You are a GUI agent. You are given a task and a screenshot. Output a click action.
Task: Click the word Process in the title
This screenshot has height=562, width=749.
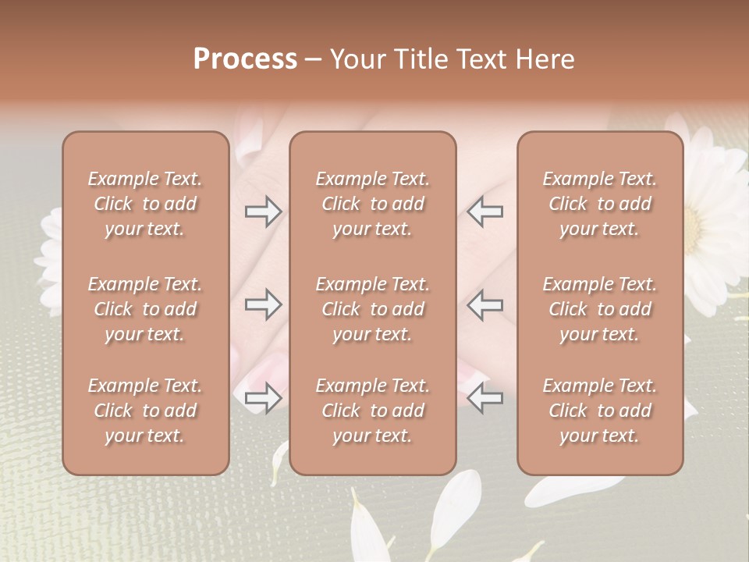(245, 59)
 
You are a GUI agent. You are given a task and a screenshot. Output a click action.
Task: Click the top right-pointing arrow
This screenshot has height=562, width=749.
(263, 212)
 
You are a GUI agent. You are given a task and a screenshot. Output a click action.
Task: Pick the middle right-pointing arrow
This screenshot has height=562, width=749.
(263, 304)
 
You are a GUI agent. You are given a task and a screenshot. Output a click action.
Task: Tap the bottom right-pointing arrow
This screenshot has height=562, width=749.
(263, 398)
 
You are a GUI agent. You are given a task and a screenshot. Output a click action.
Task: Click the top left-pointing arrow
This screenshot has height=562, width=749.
(485, 212)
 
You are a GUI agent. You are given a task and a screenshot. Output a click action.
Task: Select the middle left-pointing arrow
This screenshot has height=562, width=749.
(485, 304)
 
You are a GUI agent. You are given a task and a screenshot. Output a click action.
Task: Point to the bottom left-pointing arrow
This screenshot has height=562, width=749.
(485, 398)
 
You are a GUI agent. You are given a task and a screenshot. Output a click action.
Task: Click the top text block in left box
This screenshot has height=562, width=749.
(145, 204)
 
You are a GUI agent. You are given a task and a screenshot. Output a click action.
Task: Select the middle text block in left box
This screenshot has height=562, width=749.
(145, 309)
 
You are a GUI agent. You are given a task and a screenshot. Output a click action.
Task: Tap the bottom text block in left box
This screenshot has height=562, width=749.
(145, 411)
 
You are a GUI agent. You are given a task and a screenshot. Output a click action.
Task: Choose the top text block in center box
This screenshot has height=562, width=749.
(373, 204)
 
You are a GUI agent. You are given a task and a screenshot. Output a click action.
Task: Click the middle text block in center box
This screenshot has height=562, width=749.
(373, 309)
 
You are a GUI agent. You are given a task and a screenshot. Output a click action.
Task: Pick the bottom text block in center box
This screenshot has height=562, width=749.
(373, 411)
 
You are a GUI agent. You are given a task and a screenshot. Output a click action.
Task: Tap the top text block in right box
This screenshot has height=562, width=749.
(600, 204)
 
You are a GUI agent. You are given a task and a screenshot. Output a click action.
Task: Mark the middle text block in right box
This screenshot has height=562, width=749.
(600, 309)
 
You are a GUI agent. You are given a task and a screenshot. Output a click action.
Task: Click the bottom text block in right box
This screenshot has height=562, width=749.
(600, 411)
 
